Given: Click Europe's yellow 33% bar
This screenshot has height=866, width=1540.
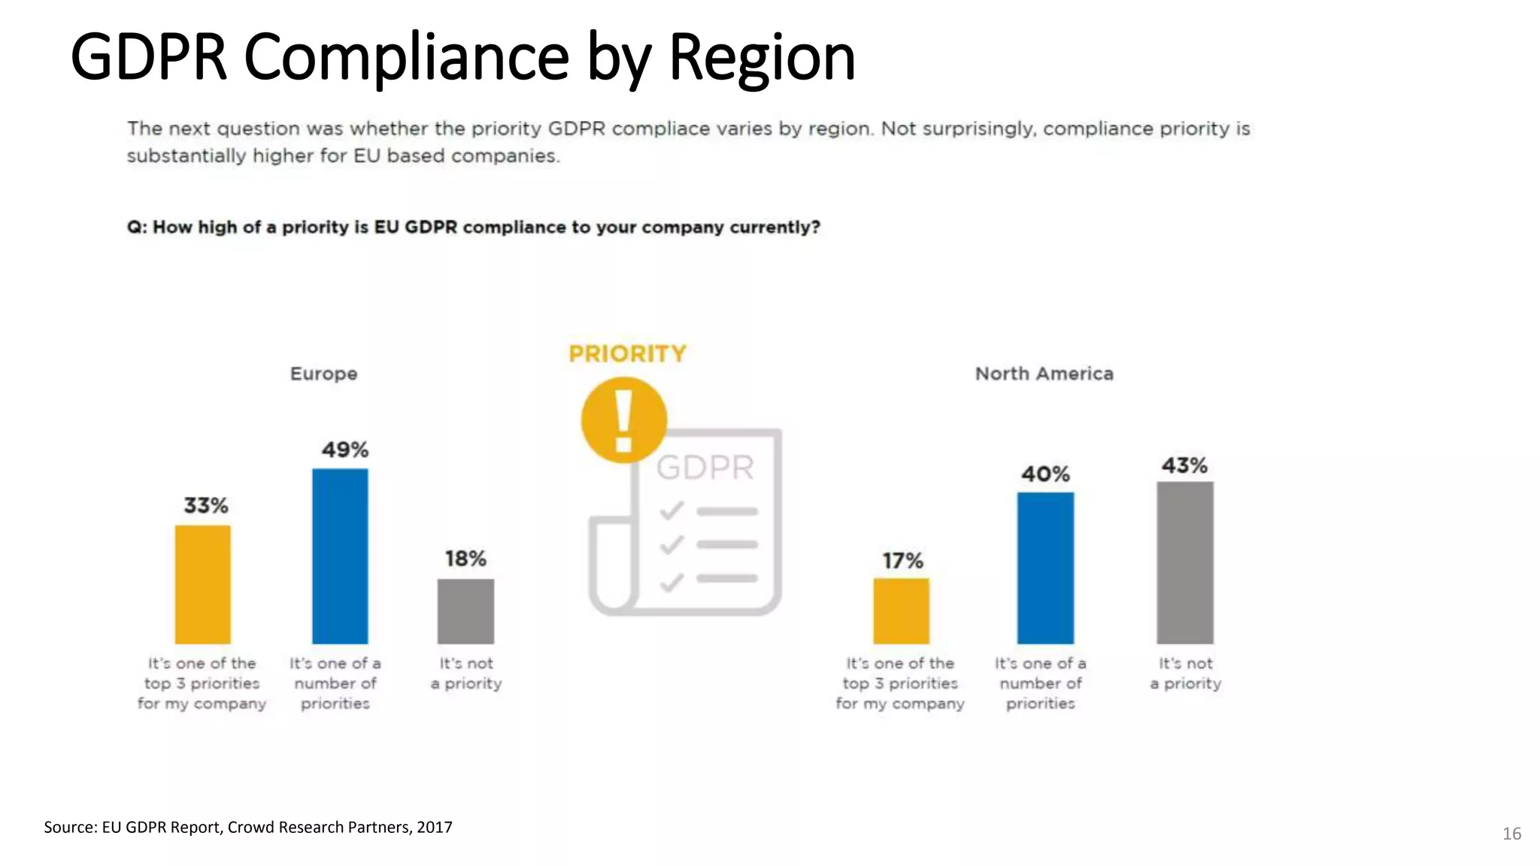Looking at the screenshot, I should click(203, 584).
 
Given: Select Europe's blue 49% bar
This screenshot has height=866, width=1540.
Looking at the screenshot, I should click(340, 556).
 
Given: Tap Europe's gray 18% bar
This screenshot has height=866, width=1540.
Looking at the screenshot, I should click(465, 611).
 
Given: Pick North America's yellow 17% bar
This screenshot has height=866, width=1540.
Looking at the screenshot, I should click(901, 610).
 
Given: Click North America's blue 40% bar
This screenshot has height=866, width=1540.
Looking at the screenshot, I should click(1045, 568).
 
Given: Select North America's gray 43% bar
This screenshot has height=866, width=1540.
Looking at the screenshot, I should click(1184, 562).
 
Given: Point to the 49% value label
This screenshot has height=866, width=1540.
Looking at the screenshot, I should click(345, 450).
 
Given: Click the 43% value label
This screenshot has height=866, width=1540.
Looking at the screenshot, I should click(1184, 465).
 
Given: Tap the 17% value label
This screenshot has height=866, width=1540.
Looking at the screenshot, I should click(902, 561).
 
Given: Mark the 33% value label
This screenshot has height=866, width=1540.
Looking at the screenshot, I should click(206, 505).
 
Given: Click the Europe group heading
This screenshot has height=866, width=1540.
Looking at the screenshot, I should click(324, 374).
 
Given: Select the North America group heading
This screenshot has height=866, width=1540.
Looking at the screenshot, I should click(1044, 374).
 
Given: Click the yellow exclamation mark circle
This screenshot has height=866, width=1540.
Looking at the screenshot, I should click(623, 419).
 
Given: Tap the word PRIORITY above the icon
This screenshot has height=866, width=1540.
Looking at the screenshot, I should click(627, 353).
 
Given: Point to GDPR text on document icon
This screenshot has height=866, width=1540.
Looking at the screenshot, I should click(705, 468).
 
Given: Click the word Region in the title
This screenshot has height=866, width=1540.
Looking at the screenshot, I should click(762, 57).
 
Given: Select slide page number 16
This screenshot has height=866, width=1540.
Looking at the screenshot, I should click(1511, 834).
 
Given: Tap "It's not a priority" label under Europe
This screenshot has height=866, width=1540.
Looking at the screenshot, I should click(466, 674).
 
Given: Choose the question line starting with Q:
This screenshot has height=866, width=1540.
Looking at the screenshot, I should click(473, 227).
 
